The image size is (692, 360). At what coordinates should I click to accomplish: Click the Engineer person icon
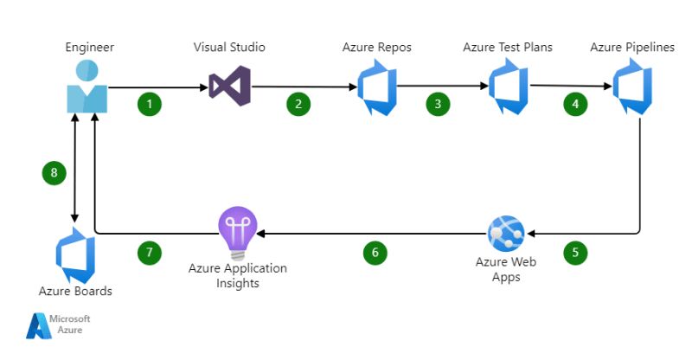click(87, 87)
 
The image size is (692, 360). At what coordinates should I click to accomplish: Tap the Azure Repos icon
click(378, 87)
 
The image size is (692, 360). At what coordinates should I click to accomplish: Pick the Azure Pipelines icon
click(633, 87)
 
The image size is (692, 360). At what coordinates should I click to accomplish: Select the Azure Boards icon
click(75, 254)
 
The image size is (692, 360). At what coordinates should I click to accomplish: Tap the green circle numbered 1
click(150, 104)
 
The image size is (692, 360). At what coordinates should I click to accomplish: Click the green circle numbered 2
click(298, 104)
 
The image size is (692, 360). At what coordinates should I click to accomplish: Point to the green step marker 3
click(438, 104)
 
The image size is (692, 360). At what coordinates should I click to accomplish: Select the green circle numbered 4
click(574, 104)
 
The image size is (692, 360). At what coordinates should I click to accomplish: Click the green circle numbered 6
click(375, 253)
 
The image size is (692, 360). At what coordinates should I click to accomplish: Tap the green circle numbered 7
click(150, 253)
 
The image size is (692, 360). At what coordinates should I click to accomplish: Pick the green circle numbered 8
click(54, 173)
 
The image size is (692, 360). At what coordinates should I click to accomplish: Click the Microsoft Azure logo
click(58, 325)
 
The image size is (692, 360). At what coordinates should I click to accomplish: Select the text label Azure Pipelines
click(632, 47)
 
